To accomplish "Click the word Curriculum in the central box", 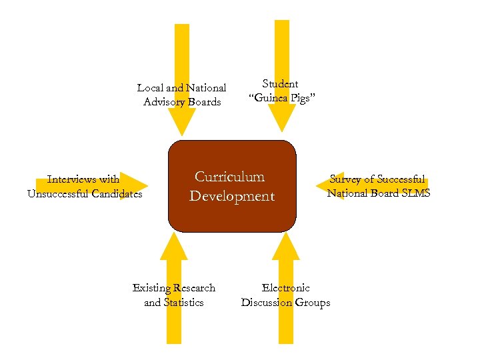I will (229, 177).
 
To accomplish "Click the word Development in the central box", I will (231, 196).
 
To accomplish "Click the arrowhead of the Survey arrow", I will (329, 186).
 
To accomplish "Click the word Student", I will (280, 84).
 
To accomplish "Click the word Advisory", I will (164, 102).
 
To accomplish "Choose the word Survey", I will (346, 179).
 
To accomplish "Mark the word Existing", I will (152, 288).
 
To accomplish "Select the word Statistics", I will (183, 303).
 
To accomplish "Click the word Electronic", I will (285, 288).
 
